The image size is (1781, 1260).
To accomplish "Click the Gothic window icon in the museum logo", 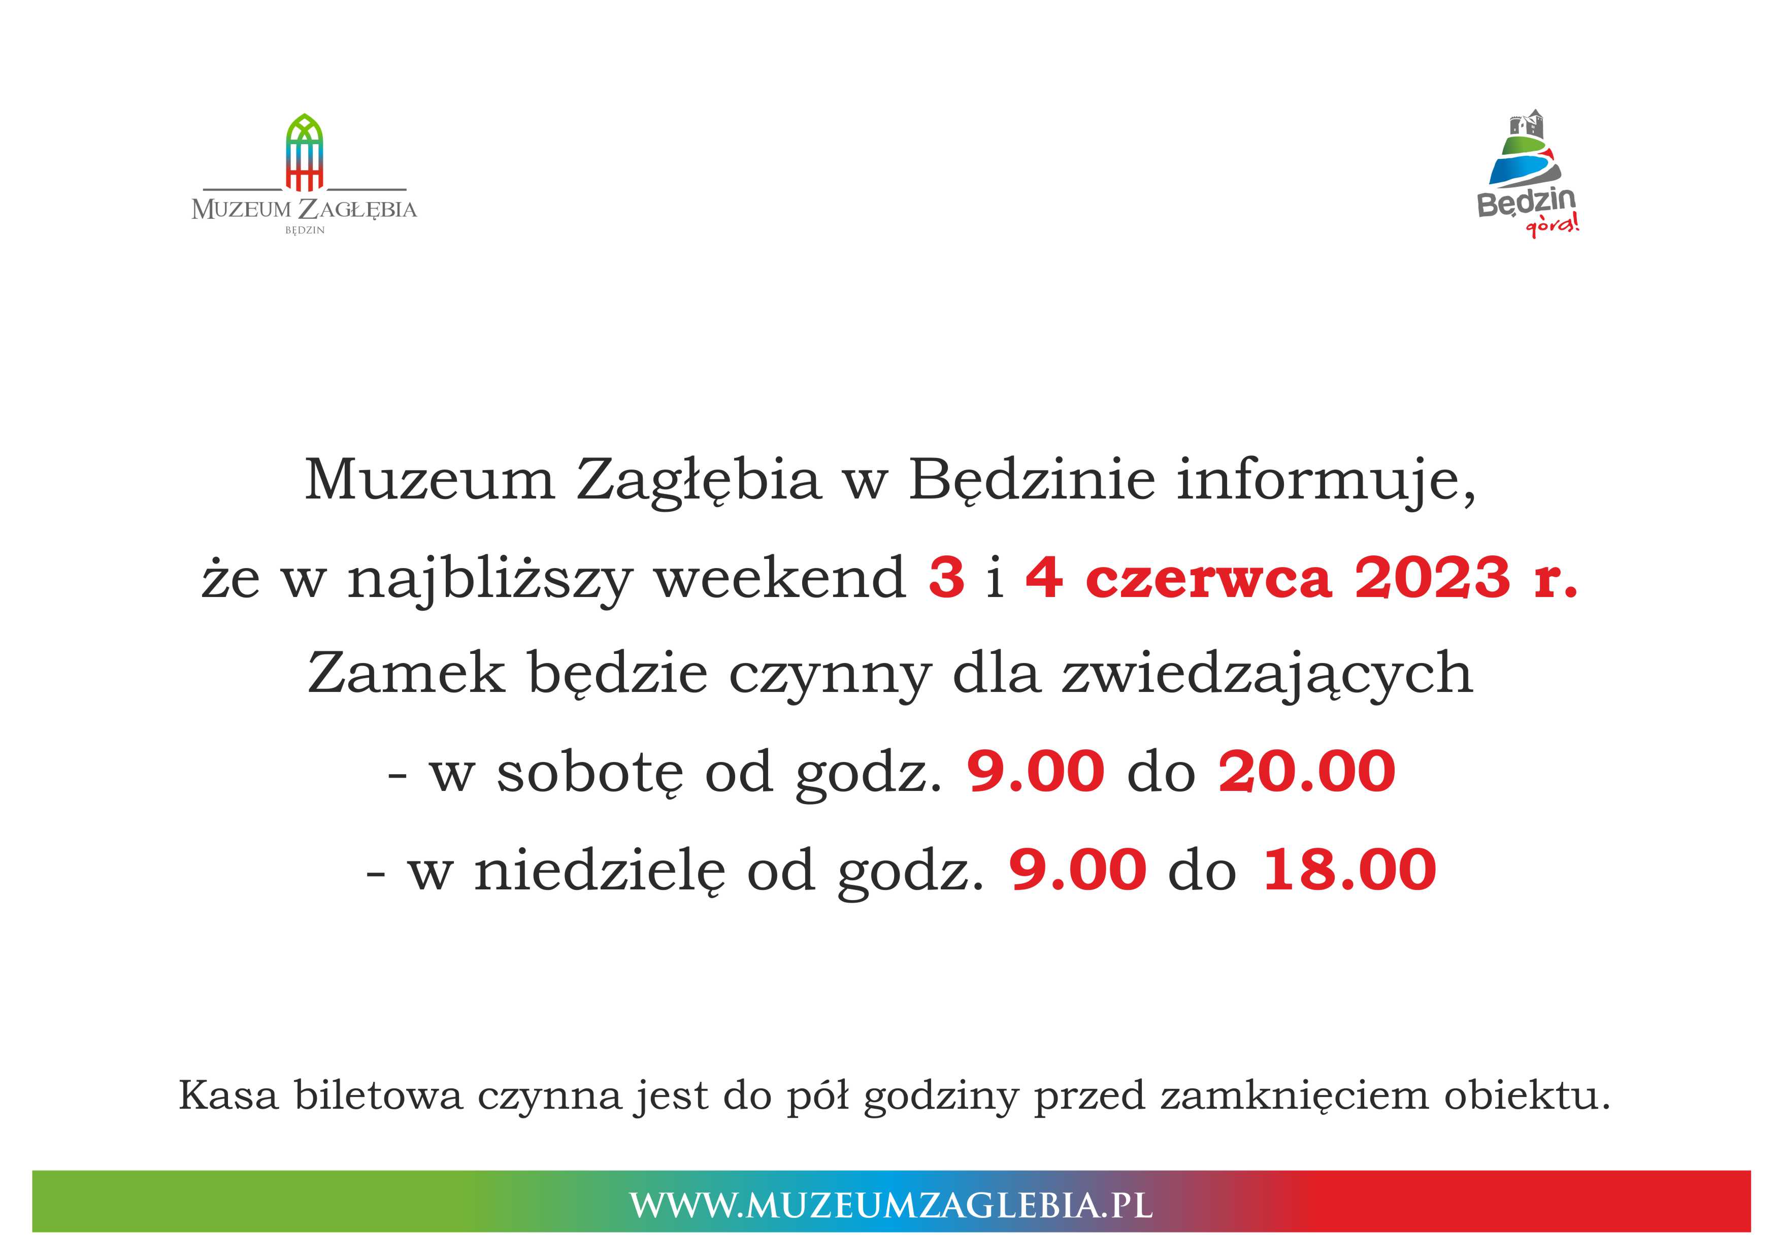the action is (304, 152).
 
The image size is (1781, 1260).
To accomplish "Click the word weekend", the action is (780, 578).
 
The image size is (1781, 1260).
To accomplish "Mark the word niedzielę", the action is (600, 871).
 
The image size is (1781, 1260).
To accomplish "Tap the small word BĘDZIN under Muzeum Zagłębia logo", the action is (305, 230).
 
